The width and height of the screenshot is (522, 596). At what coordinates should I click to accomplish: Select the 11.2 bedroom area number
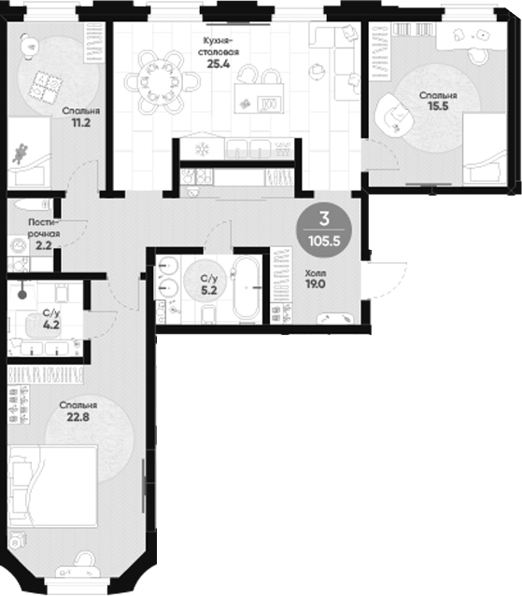(81, 121)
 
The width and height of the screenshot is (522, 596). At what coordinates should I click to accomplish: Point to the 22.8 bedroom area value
(78, 418)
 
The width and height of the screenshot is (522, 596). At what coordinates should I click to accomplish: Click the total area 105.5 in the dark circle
(323, 241)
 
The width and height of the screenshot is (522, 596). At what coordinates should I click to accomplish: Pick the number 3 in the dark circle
(323, 219)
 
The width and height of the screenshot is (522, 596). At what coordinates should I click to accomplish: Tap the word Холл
(315, 273)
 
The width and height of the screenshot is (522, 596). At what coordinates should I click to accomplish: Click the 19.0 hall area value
(315, 285)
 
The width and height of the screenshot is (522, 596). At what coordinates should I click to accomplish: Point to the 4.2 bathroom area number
(50, 326)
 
